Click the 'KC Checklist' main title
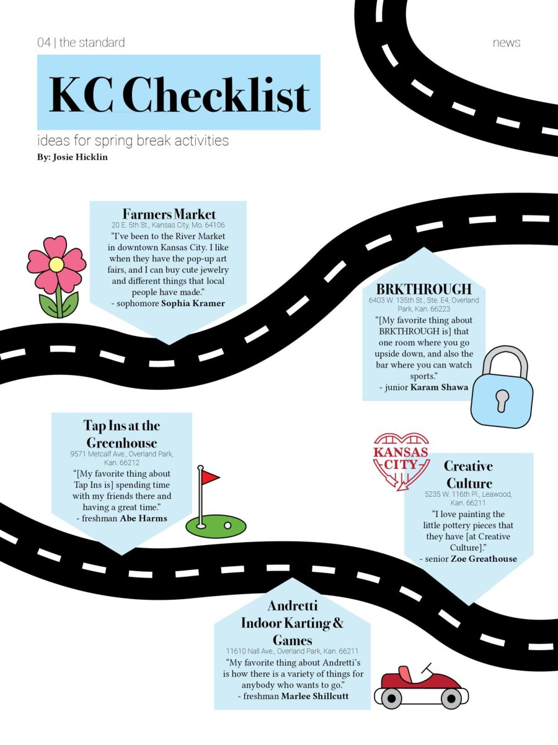180,94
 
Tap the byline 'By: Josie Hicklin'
73,157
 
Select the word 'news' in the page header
507,43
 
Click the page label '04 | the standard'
81,42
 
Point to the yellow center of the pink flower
56,264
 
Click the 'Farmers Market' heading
169,214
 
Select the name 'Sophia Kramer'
193,303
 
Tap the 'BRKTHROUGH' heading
424,289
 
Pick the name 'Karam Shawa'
439,387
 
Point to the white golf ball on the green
228,525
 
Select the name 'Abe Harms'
144,518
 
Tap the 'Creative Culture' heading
469,474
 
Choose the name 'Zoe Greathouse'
484,559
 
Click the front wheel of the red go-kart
451,699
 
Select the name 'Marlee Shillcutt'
315,696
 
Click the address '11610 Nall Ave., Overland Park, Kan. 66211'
292,651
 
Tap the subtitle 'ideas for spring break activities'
133,140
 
